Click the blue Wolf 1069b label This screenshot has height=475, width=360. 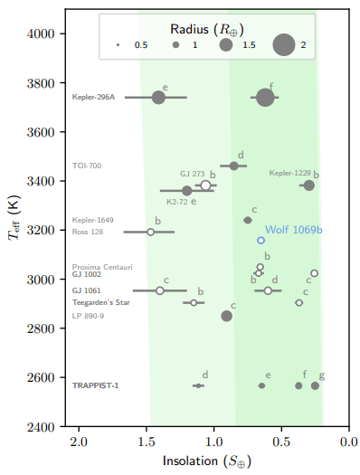(x=294, y=230)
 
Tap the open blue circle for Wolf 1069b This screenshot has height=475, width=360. (x=261, y=240)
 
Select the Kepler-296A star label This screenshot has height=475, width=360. (x=93, y=97)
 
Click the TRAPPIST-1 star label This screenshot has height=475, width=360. (x=95, y=385)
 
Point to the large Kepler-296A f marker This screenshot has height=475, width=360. (x=265, y=97)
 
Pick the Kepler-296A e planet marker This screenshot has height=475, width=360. (x=158, y=97)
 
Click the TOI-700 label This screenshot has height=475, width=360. (x=87, y=166)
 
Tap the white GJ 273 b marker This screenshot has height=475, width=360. (x=205, y=185)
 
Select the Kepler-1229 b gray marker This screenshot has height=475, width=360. (x=308, y=185)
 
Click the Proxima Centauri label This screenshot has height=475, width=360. (x=102, y=267)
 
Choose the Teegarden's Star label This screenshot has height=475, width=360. (x=101, y=302)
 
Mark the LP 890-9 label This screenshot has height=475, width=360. (x=88, y=316)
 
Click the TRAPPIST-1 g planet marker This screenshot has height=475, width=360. (x=315, y=385)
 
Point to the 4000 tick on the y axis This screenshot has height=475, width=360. (x=65, y=33)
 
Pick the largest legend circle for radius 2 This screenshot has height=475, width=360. (x=284, y=44)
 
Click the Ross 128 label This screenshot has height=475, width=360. (x=88, y=233)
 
